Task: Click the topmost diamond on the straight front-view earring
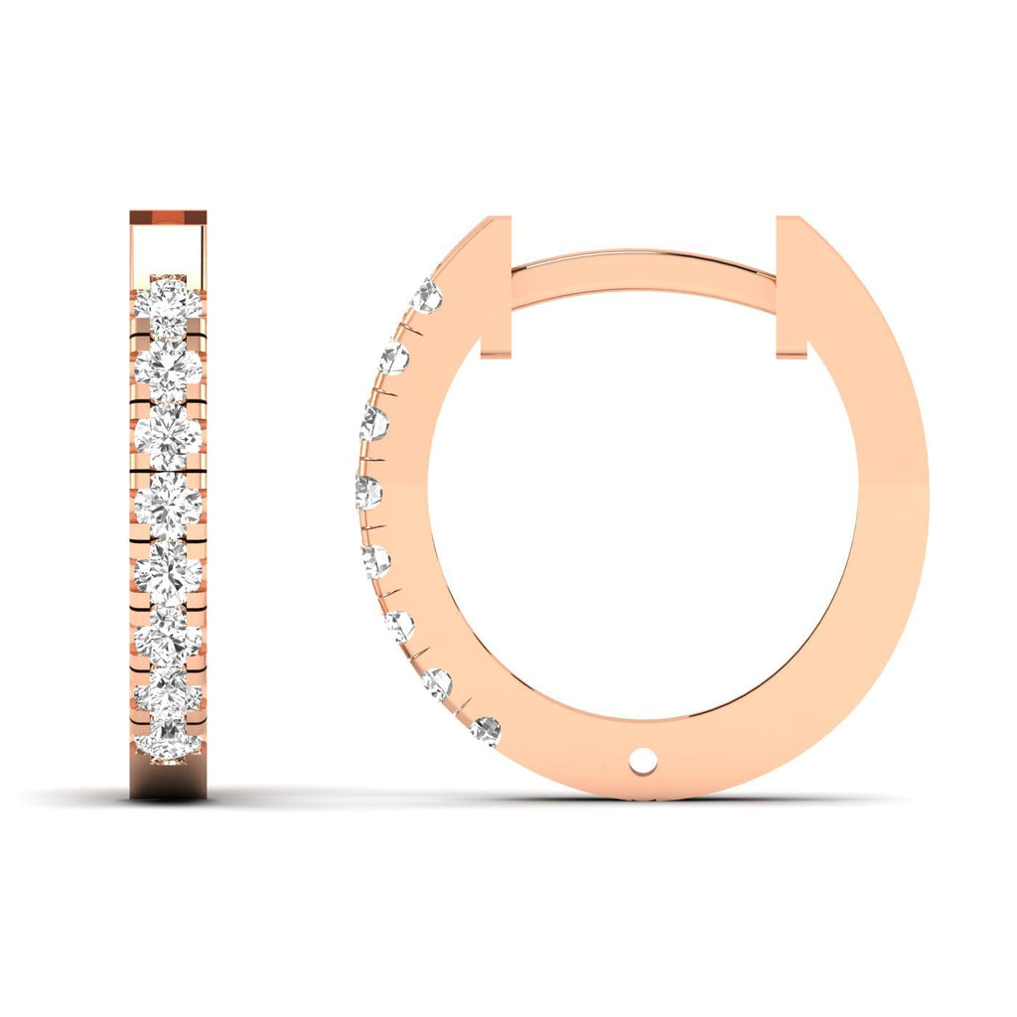coord(168,299)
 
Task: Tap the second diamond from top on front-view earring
coord(168,366)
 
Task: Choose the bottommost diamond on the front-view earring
coord(168,743)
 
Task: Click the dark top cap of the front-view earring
coord(168,217)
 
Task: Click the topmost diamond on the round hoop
coord(426,295)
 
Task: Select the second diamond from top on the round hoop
coord(393,358)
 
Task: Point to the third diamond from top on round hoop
coord(374,423)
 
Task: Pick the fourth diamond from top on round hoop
coord(367,492)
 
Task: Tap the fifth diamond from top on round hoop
coord(375,561)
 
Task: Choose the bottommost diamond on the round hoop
coord(486,732)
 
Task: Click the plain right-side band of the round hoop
coord(889,497)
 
